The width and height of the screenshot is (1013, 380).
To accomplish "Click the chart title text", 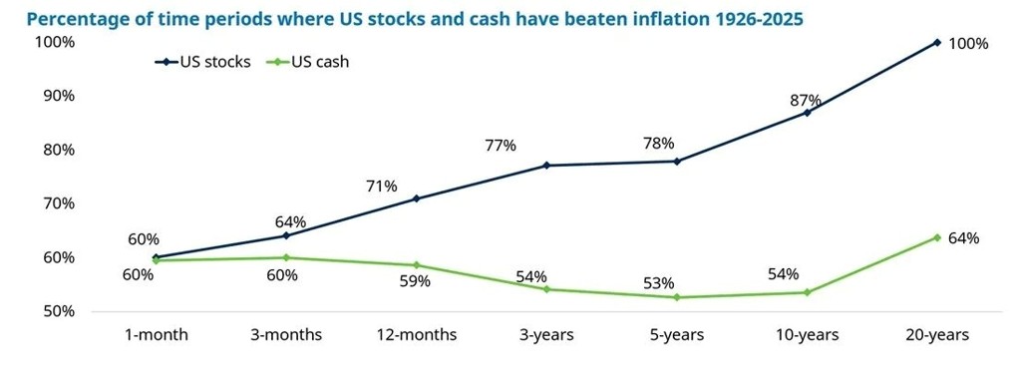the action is (415, 19).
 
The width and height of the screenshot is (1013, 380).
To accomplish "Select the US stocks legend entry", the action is (202, 62).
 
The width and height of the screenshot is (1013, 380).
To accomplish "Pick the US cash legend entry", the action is (307, 62).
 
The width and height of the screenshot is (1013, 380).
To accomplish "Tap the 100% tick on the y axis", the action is (57, 43).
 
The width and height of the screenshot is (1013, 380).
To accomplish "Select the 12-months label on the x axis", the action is (417, 335).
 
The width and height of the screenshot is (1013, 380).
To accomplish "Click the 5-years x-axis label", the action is (676, 335).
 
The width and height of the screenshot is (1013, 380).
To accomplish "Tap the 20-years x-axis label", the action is (937, 335).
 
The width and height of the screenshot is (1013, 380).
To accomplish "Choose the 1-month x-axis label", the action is (156, 335).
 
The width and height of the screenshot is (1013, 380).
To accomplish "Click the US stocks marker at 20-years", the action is (937, 43).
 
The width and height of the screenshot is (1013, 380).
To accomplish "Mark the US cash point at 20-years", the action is (937, 237).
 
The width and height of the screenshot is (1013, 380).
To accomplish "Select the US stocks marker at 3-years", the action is (546, 166).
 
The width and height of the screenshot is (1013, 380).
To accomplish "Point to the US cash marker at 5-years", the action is (676, 297).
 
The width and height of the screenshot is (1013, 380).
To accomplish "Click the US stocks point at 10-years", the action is (807, 113).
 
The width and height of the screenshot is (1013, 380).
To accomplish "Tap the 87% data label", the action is (806, 100).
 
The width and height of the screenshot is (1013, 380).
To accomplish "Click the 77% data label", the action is (501, 146).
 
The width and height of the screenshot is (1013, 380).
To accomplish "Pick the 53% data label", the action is (658, 283).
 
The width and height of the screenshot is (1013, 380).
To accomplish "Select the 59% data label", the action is (415, 282).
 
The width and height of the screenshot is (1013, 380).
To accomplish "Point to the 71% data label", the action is (381, 187).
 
